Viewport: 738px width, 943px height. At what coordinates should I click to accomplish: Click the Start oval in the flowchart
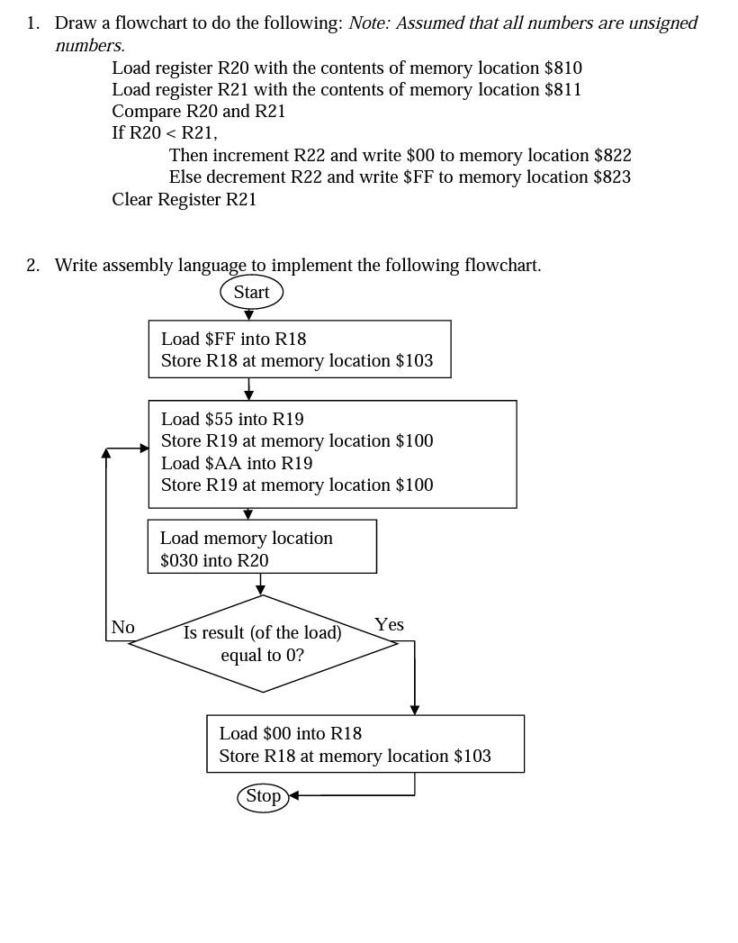pyautogui.click(x=251, y=292)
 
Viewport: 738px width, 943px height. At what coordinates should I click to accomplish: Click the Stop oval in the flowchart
pyautogui.click(x=263, y=796)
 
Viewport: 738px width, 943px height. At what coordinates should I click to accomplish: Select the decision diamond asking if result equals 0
pyautogui.click(x=263, y=644)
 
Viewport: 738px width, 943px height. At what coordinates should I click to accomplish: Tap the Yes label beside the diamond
pyautogui.click(x=389, y=624)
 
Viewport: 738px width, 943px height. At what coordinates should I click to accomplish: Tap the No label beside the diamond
pyautogui.click(x=123, y=627)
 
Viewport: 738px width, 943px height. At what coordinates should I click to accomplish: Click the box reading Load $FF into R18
pyautogui.click(x=299, y=349)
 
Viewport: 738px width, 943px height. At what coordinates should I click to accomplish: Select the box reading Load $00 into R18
pyautogui.click(x=364, y=744)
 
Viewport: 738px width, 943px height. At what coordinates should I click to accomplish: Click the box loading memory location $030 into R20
pyautogui.click(x=262, y=548)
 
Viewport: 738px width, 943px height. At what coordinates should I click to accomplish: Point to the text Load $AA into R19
pyautogui.click(x=237, y=463)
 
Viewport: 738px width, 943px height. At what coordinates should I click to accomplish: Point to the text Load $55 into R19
pyautogui.click(x=232, y=419)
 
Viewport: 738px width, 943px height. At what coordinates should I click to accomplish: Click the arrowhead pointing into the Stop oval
pyautogui.click(x=293, y=795)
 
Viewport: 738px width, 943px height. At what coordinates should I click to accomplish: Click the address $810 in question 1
pyautogui.click(x=562, y=68)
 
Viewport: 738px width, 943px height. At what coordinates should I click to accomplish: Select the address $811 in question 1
pyautogui.click(x=562, y=89)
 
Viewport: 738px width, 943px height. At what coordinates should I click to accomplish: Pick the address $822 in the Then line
pyautogui.click(x=612, y=155)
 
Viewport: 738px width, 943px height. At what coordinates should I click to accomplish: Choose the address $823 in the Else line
pyautogui.click(x=612, y=177)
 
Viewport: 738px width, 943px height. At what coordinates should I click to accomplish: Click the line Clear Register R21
pyautogui.click(x=184, y=199)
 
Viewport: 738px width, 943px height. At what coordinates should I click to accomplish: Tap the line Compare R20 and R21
pyautogui.click(x=198, y=111)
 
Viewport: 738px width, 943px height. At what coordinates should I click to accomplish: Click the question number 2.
pyautogui.click(x=32, y=265)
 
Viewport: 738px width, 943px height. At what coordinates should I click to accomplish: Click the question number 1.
pyautogui.click(x=32, y=23)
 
